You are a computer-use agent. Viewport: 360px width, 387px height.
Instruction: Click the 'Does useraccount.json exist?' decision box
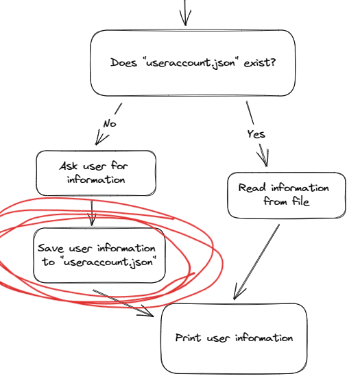193,63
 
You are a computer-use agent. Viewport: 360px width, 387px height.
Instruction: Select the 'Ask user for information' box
96,173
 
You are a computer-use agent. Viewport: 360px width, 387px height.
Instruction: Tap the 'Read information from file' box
287,195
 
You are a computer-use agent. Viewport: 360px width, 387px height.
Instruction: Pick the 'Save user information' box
99,255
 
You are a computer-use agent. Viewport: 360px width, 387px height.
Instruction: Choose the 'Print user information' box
235,338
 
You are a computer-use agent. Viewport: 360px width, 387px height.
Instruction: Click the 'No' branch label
110,123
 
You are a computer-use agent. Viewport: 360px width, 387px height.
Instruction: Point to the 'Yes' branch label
256,134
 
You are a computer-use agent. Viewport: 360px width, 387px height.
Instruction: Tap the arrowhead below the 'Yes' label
263,157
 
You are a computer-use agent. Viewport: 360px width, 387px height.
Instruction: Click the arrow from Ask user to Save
92,213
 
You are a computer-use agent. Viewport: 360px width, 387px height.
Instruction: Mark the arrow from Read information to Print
256,262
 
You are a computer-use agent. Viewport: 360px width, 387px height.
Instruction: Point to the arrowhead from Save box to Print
147,312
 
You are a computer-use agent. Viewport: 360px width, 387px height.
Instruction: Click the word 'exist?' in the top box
260,63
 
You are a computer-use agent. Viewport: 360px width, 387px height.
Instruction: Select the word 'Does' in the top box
123,62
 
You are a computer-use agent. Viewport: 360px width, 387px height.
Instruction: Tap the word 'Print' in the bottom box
188,338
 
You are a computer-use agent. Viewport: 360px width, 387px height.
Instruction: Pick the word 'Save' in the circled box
51,248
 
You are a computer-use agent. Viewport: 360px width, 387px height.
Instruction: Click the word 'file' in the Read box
301,201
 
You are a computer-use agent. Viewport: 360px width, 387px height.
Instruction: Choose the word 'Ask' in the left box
68,166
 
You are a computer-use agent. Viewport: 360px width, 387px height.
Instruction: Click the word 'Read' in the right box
252,188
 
